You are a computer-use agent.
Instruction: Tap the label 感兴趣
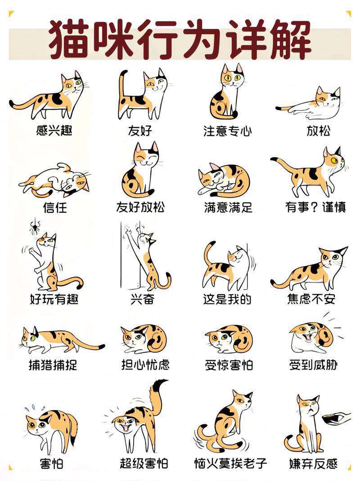point(54,130)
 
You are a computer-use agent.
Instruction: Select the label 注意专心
point(227,130)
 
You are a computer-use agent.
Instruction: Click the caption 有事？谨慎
point(315,207)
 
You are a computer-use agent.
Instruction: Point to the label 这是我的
point(227,299)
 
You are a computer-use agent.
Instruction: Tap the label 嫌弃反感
point(313,463)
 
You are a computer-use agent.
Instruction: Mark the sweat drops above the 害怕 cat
point(34,408)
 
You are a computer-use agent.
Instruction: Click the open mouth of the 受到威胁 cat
point(306,337)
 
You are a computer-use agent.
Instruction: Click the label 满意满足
point(228,207)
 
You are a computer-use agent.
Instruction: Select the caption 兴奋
point(142,299)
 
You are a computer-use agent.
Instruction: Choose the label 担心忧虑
point(145,365)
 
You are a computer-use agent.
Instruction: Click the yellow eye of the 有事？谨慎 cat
point(334,160)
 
